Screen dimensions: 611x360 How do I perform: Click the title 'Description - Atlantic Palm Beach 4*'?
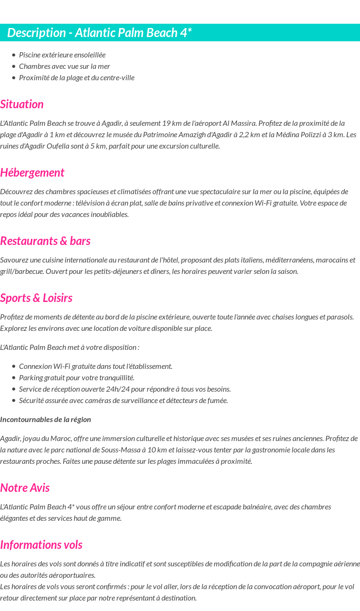coord(99,33)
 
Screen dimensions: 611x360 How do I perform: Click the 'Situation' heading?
coord(22,104)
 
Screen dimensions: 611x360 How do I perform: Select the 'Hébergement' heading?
coord(32,172)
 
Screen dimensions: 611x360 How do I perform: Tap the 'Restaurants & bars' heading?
coord(45,241)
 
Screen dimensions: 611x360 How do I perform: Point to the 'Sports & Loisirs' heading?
coord(36,298)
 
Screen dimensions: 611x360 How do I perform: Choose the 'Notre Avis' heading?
coord(25,488)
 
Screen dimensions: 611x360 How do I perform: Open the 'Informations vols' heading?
coord(41,545)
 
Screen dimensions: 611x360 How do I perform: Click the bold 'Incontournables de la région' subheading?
coord(46,419)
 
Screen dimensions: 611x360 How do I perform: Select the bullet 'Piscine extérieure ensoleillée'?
coord(62,55)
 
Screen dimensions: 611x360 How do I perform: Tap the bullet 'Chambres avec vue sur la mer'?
coord(65,66)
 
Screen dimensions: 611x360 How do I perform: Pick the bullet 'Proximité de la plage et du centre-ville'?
coord(76,77)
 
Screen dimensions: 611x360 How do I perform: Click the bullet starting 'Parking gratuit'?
coord(76,377)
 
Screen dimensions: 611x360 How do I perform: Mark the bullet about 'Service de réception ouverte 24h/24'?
coord(125,389)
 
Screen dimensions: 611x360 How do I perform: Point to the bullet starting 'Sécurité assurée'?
coord(123,400)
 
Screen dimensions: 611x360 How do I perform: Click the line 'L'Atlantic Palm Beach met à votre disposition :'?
coord(70,347)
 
